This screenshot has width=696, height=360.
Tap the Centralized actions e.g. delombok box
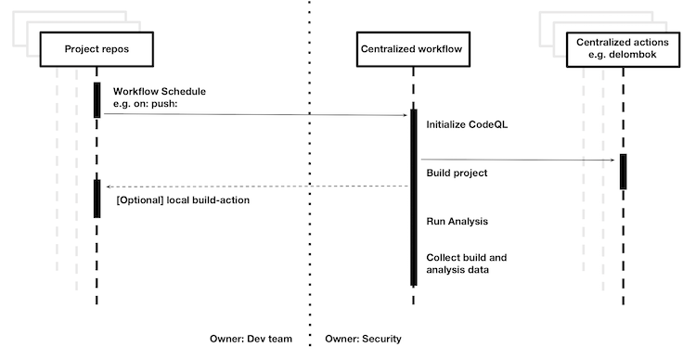click(623, 48)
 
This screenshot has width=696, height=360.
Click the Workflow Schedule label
click(160, 92)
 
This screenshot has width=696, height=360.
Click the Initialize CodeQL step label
click(467, 124)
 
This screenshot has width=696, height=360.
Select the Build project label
click(457, 173)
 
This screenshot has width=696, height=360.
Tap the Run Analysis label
click(458, 222)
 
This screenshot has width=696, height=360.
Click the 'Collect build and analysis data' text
click(466, 263)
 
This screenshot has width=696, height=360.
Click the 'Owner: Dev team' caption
click(251, 340)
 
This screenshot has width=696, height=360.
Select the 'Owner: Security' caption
click(363, 340)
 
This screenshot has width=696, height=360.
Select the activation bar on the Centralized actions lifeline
click(624, 172)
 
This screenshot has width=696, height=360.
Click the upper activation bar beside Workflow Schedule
click(97, 99)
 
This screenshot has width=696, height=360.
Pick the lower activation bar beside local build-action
click(97, 199)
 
